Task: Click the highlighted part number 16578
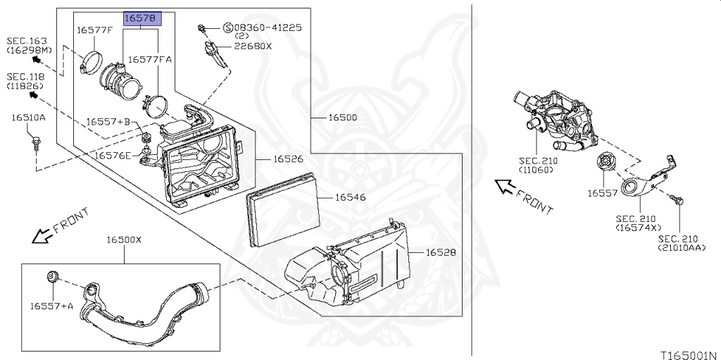coord(142,18)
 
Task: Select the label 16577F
coord(94,30)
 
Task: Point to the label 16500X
coord(124,240)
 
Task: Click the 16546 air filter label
coord(351,197)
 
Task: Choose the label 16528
coord(441,252)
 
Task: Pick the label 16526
coord(288,159)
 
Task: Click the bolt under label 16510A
coord(35,142)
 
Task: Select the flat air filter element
coord(283,210)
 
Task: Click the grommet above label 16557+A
coord(52,277)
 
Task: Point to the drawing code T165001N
coord(691,355)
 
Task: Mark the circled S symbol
coord(228,28)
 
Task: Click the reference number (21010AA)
coord(678,248)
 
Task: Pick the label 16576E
coord(113,155)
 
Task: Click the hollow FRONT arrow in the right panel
coord(505,187)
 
